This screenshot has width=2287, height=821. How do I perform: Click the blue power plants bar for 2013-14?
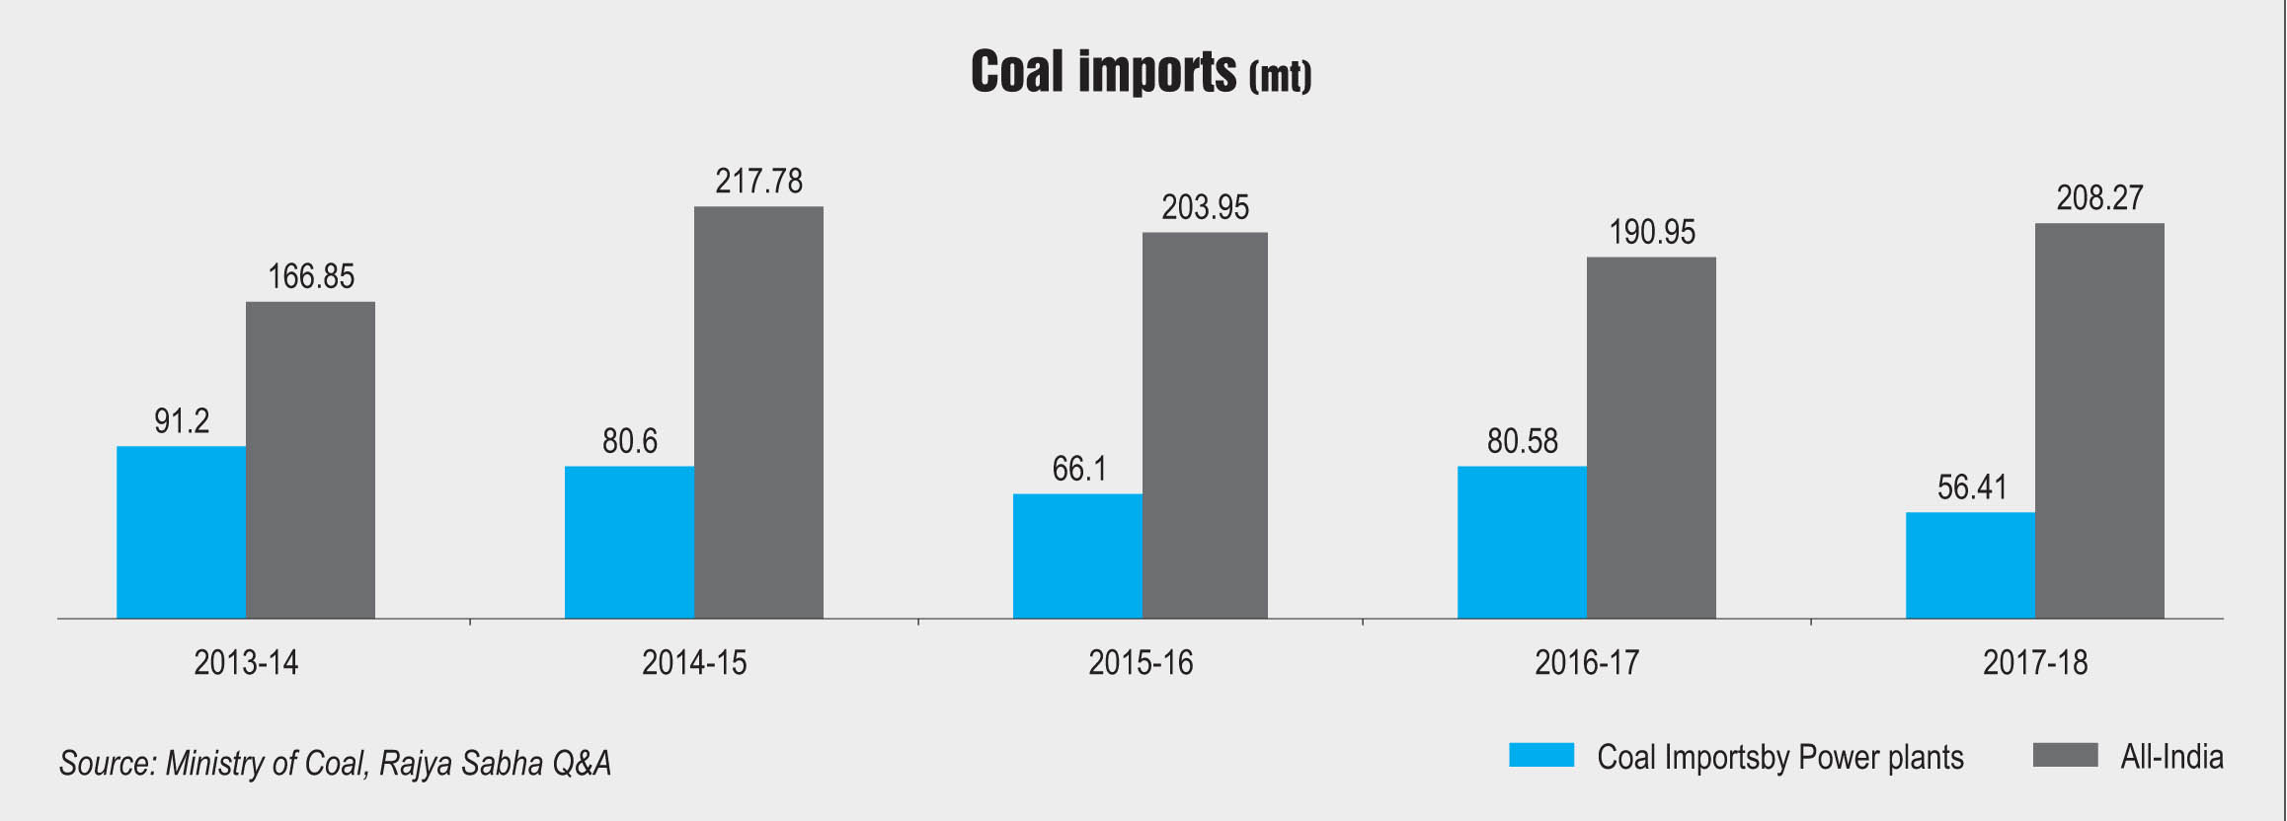pyautogui.click(x=181, y=532)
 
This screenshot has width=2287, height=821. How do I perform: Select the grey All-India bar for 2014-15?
pyautogui.click(x=758, y=412)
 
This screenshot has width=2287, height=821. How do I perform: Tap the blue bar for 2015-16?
pyautogui.click(x=1077, y=556)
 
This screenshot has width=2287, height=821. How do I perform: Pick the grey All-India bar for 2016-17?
pyautogui.click(x=1651, y=437)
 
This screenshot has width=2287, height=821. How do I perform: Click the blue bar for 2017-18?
pyautogui.click(x=1970, y=565)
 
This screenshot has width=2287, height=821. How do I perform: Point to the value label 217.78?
pyautogui.click(x=758, y=182)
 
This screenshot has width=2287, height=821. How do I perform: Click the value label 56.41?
pyautogui.click(x=1971, y=487)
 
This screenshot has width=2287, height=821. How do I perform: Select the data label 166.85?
pyautogui.click(x=311, y=277)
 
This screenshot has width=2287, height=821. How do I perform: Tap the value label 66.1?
pyautogui.click(x=1078, y=469)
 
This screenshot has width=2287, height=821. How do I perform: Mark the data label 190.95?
pyautogui.click(x=1652, y=233)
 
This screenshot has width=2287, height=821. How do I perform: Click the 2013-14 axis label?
pyautogui.click(x=246, y=662)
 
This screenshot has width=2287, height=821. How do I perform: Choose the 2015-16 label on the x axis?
pyautogui.click(x=1141, y=662)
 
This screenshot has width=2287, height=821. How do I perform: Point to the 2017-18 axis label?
pyautogui.click(x=2035, y=662)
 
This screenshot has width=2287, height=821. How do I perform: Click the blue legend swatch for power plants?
pyautogui.click(x=1541, y=755)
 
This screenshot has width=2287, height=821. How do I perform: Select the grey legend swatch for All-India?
pyautogui.click(x=2065, y=755)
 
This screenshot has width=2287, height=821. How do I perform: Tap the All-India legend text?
pyautogui.click(x=2171, y=757)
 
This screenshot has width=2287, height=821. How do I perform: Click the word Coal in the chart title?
pyautogui.click(x=1017, y=72)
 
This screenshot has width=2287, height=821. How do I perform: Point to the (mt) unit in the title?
pyautogui.click(x=1280, y=76)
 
